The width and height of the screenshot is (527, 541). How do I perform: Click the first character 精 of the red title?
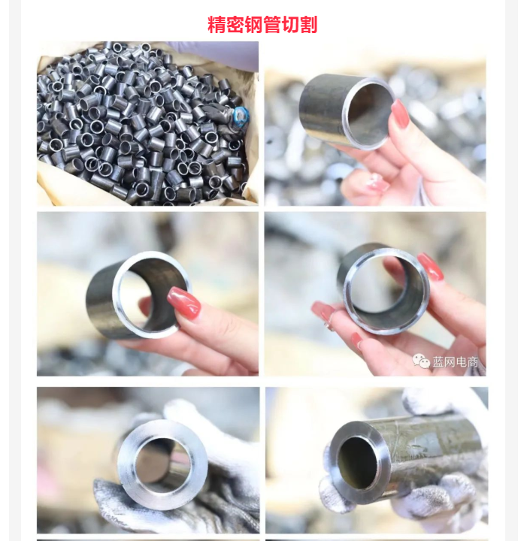click(217, 25)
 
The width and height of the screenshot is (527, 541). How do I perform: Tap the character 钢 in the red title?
click(253, 25)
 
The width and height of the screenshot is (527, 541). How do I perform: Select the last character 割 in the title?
click(308, 25)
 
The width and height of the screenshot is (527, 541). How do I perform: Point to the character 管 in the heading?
click(271, 25)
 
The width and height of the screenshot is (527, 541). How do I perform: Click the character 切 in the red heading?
click(290, 25)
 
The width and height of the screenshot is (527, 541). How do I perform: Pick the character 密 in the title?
click(235, 25)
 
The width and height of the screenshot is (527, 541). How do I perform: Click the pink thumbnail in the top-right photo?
click(401, 113)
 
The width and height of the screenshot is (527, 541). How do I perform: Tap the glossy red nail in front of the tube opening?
click(184, 303)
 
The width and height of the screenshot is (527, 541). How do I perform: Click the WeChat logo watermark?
click(421, 361)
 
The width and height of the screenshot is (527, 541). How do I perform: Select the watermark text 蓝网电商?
click(456, 362)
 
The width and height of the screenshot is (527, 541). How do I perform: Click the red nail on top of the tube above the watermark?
click(430, 266)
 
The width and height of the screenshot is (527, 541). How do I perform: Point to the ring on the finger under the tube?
click(329, 325)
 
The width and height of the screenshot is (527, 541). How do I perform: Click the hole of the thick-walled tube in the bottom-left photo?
click(162, 461)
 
